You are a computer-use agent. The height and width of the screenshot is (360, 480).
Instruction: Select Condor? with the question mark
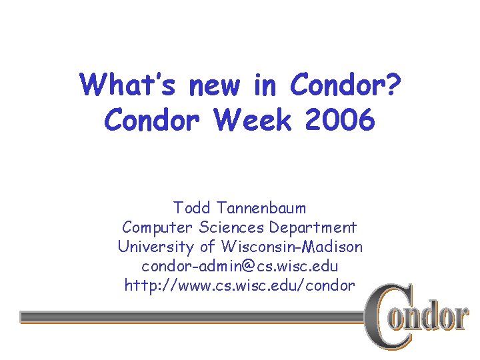click(346, 85)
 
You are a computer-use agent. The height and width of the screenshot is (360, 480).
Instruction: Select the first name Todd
click(190, 208)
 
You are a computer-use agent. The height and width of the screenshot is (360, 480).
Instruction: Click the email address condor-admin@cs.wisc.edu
click(240, 266)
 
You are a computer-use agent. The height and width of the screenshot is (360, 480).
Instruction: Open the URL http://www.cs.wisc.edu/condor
click(240, 285)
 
